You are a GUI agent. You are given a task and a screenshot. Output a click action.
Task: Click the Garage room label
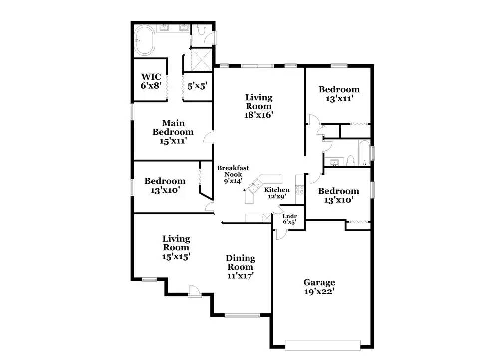tap(319, 287)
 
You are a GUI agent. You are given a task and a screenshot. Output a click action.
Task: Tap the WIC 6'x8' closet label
tap(151, 81)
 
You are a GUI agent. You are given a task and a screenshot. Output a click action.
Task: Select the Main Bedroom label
tap(173, 132)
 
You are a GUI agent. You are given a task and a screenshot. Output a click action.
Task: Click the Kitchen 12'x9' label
tap(277, 193)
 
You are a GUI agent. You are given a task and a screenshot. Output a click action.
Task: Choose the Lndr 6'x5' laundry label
tap(289, 219)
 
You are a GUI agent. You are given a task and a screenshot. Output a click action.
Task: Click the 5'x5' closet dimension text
tap(197, 86)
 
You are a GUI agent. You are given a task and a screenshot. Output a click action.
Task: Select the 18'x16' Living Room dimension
tap(258, 115)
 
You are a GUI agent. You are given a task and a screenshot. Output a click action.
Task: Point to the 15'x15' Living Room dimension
tap(176, 256)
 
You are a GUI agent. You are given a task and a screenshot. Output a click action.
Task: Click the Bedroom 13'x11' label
tap(339, 93)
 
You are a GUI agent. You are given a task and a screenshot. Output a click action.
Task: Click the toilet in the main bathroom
tap(201, 30)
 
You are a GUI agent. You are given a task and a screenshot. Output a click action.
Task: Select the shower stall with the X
tap(199, 59)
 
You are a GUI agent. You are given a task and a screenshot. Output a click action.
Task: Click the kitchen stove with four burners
tap(300, 190)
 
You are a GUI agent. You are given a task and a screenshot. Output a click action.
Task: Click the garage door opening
tap(323, 345)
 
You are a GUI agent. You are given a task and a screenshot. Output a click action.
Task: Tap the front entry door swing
tap(194, 291)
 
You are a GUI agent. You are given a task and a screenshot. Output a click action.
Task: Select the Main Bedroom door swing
tap(209, 137)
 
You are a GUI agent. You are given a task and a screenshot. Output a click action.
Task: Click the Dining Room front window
tap(242, 315)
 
